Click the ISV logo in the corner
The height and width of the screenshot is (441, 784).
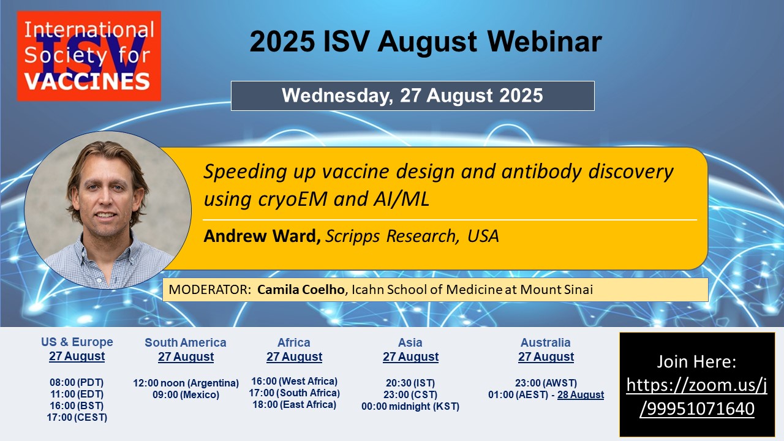pos(89,56)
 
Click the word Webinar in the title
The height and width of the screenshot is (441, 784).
pos(545,42)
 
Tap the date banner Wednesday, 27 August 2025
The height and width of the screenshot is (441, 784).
pos(413,96)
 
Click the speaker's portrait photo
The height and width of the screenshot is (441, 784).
pos(108,210)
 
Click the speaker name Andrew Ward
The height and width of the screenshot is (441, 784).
pos(262,236)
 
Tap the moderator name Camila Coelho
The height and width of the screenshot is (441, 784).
pos(301,290)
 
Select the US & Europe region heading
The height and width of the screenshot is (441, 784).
pos(77,342)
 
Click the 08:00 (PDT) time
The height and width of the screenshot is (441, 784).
pos(77,383)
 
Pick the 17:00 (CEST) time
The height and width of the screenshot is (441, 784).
pos(77,417)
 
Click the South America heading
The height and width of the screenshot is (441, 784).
pos(186,342)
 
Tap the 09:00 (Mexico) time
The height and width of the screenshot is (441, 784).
pos(186,394)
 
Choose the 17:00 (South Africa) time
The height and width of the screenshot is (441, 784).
pos(295,393)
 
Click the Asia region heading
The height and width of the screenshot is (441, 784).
pos(410,342)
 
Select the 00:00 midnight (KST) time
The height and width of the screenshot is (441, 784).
pos(410,406)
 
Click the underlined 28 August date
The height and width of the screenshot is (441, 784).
pos(581,394)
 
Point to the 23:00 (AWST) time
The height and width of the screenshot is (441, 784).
pos(546,383)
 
